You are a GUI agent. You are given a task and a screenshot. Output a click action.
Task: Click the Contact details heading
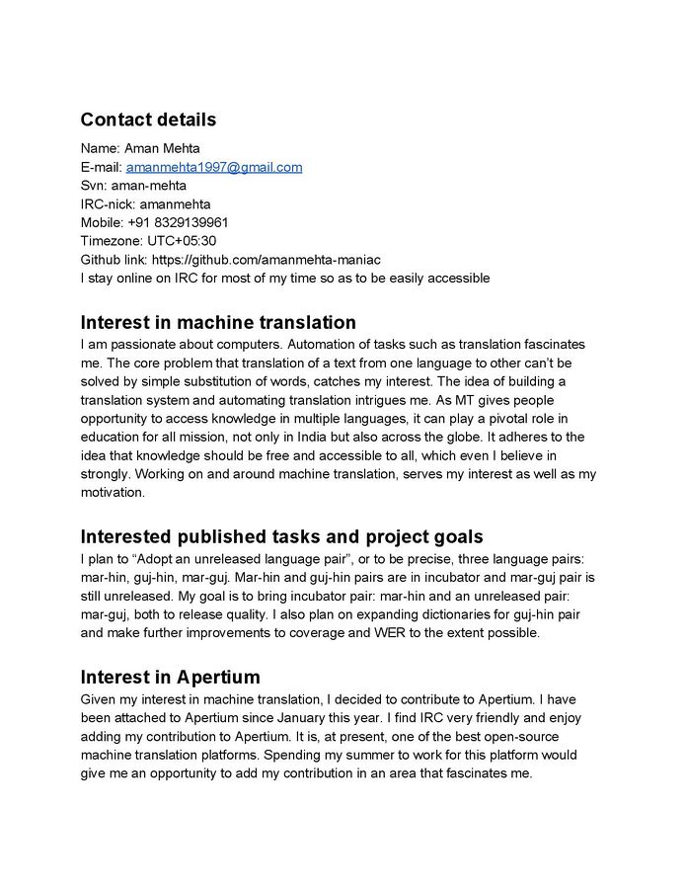tap(148, 121)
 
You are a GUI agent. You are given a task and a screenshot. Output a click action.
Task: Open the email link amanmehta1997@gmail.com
tap(213, 167)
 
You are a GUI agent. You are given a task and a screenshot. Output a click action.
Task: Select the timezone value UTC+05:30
tap(182, 241)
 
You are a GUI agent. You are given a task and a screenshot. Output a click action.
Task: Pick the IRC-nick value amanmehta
tap(175, 204)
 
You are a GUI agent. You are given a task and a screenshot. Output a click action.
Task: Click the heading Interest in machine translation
tap(218, 322)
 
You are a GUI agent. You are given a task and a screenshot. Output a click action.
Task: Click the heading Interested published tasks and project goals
tap(281, 536)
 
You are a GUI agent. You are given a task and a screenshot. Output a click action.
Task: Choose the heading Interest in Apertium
tap(170, 677)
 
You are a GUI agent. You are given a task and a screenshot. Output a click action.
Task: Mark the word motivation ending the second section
tap(112, 493)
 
